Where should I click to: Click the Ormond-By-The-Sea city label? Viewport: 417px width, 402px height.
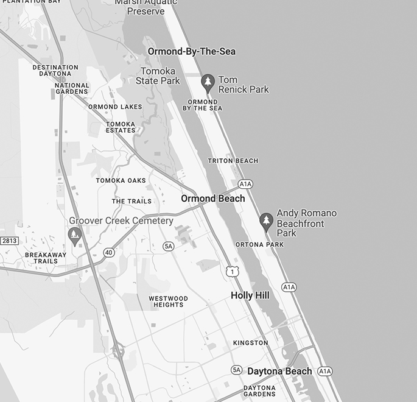191,52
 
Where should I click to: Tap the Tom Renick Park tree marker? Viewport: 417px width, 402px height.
208,82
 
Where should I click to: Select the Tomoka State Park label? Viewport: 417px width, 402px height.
158,76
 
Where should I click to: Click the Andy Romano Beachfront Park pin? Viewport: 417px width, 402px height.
265,220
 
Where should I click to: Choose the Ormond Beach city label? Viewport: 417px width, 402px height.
213,199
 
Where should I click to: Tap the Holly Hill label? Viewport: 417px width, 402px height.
250,295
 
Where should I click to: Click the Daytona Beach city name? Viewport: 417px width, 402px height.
279,371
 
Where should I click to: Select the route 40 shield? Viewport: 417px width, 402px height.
108,252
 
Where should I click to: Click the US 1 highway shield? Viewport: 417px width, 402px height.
231,271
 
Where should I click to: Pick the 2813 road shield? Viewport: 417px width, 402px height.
9,241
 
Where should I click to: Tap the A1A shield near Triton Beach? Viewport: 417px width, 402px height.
245,184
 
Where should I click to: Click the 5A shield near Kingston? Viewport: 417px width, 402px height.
237,370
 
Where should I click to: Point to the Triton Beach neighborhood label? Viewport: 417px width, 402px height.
233,161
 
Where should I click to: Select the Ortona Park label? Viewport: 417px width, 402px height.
259,244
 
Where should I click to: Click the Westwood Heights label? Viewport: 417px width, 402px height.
168,301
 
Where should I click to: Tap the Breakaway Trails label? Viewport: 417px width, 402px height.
45,258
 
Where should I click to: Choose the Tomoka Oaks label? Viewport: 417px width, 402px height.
121,180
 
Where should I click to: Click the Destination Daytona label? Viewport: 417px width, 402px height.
55,70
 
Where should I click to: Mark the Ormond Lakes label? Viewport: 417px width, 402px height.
115,107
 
